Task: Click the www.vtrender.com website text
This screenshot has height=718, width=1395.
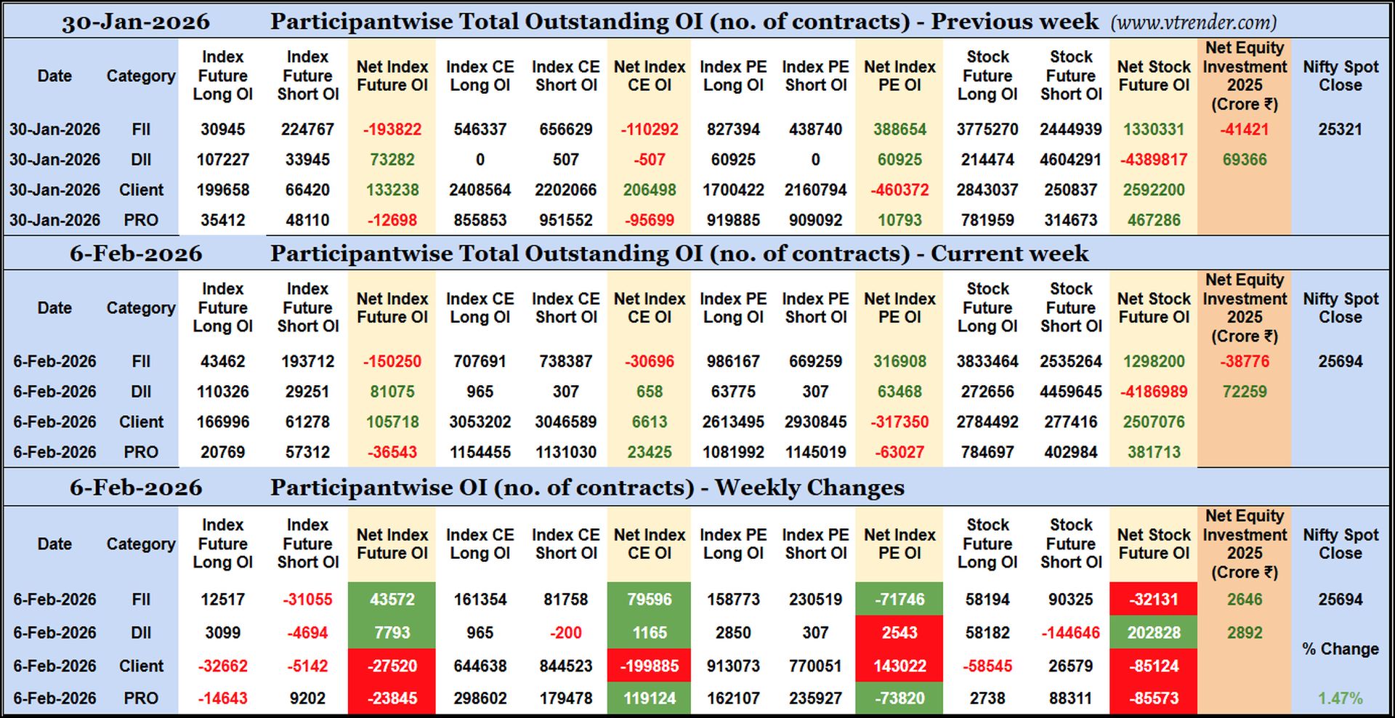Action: click(x=1193, y=23)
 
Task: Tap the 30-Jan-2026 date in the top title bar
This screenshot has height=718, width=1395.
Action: click(x=136, y=22)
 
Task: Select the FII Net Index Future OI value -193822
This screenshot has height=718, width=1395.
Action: click(x=392, y=129)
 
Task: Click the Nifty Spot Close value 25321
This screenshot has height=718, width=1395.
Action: click(x=1340, y=129)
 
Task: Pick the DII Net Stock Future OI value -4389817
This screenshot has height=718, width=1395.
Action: click(x=1153, y=160)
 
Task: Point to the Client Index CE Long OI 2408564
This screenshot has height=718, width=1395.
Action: click(x=480, y=190)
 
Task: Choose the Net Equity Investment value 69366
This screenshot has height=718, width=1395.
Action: click(x=1244, y=160)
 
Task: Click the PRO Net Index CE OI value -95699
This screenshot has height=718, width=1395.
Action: click(x=649, y=220)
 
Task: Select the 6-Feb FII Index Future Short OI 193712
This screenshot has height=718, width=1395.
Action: click(x=307, y=361)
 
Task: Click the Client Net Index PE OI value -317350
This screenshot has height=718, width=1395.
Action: click(x=899, y=422)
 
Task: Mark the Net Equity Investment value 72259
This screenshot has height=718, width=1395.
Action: click(x=1244, y=392)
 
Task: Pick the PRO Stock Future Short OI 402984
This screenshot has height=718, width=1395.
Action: click(x=1070, y=452)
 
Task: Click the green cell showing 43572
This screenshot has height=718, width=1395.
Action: click(x=392, y=600)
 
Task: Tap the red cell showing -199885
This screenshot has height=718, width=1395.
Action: click(x=649, y=666)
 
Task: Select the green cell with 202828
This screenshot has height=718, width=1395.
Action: click(x=1153, y=633)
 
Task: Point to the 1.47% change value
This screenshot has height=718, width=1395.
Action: click(x=1340, y=698)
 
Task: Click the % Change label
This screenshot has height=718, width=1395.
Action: click(x=1340, y=649)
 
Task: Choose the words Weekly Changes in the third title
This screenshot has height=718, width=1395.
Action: click(x=809, y=488)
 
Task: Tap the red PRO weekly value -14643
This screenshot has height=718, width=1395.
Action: click(x=222, y=698)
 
